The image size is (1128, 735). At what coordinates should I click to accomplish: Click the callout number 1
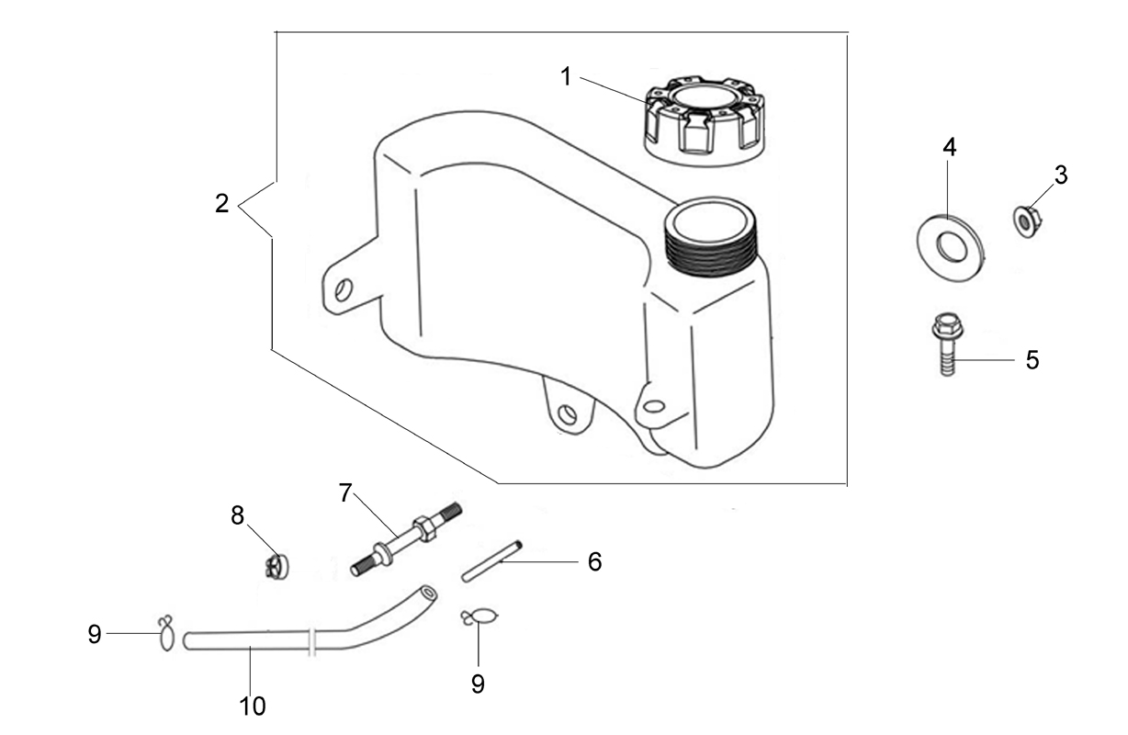pyautogui.click(x=566, y=77)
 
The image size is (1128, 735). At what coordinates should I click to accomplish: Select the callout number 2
pyautogui.click(x=221, y=204)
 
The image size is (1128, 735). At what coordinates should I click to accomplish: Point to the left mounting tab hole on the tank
pyautogui.click(x=344, y=289)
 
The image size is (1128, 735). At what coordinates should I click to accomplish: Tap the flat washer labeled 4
pyautogui.click(x=950, y=248)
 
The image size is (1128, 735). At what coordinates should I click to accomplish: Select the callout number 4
pyautogui.click(x=949, y=147)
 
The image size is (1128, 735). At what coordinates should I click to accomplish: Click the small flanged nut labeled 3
pyautogui.click(x=1025, y=221)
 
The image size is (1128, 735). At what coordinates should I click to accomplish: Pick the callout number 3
pyautogui.click(x=1061, y=175)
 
